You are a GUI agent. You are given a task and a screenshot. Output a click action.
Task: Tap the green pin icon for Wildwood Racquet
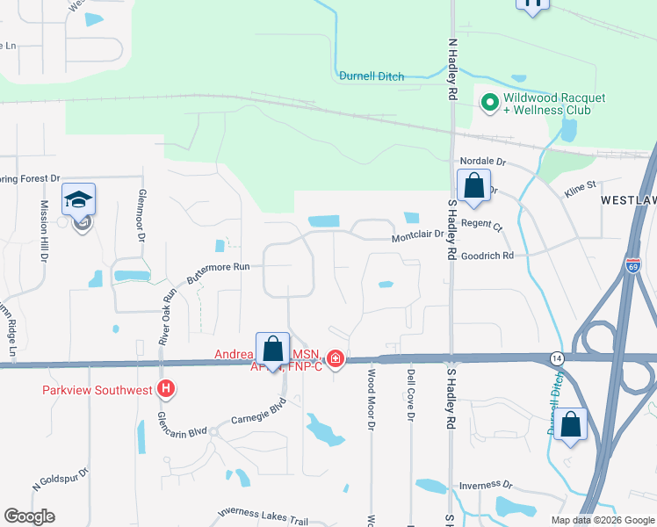click(x=489, y=104)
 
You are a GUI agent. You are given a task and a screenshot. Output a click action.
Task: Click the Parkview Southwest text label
click(x=98, y=389)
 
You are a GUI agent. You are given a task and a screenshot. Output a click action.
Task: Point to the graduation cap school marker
click(x=78, y=200)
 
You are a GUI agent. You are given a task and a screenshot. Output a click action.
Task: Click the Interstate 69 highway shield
click(x=632, y=269)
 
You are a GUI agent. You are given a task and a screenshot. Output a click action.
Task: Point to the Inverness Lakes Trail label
click(x=251, y=516)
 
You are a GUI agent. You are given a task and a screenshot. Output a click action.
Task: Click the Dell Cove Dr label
click(x=410, y=395)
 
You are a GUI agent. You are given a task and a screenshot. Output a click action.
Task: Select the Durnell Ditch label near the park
click(x=372, y=76)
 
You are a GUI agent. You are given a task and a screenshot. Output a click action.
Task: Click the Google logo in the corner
click(x=29, y=516)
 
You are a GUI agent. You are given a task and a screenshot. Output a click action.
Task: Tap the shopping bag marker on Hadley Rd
click(x=473, y=187)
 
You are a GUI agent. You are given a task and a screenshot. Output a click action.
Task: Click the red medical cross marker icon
click(x=335, y=358)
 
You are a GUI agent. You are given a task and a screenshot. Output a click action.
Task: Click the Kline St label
click(x=579, y=185)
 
